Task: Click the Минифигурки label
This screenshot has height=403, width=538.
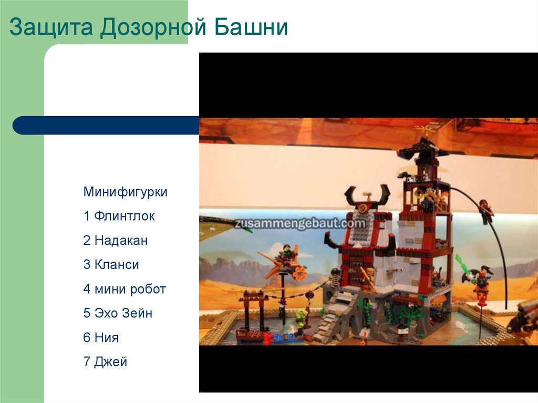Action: (125, 192)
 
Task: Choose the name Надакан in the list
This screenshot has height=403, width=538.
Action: (121, 241)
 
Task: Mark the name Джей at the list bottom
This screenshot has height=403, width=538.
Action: (111, 361)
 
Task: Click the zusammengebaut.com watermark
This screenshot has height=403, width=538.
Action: (300, 223)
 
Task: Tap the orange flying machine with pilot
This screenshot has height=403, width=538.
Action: (284, 263)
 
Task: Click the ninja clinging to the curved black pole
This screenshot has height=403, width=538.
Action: (485, 210)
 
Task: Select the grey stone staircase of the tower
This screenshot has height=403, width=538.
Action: (336, 315)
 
